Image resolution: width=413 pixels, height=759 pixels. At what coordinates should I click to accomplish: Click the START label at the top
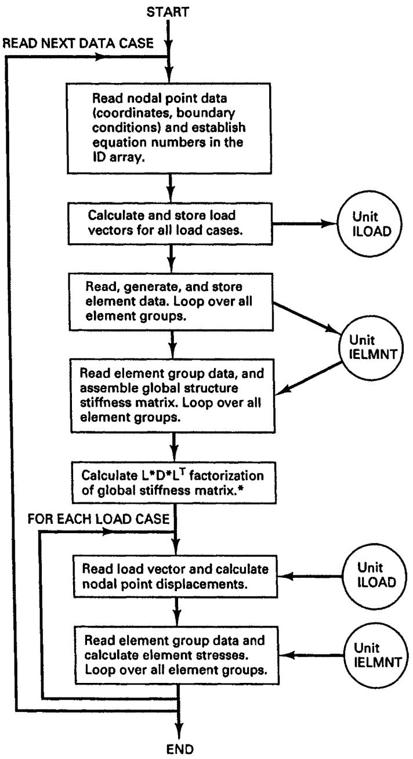coord(168,12)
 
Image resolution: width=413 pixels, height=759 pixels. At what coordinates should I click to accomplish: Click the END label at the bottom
coord(180,749)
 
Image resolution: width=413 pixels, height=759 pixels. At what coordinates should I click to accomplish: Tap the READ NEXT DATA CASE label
coord(78,44)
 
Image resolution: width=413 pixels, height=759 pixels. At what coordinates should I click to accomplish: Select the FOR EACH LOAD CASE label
coord(98,519)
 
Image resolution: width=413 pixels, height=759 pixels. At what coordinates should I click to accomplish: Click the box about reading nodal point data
coord(169,128)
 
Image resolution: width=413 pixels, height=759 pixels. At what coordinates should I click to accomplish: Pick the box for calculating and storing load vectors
coord(171,224)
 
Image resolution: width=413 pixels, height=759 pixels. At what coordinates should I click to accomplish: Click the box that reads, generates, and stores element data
coord(171,302)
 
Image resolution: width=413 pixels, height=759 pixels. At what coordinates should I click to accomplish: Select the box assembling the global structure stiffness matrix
coord(173,396)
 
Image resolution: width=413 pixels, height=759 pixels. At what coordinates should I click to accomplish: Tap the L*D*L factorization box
coord(174,483)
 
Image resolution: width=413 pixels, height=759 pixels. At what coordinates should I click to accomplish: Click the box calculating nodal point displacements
coord(175,577)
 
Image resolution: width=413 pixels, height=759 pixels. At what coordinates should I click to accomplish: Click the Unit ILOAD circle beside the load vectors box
coord(370,224)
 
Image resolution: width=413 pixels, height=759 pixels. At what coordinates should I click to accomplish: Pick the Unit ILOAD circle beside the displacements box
coord(375,576)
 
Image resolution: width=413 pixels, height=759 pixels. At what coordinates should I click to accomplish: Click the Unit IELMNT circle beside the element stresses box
coord(376,655)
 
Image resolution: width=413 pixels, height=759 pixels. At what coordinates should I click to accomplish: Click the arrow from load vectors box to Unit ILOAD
coord(305,224)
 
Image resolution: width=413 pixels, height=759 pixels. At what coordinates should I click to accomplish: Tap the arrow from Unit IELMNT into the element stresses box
coord(311,655)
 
